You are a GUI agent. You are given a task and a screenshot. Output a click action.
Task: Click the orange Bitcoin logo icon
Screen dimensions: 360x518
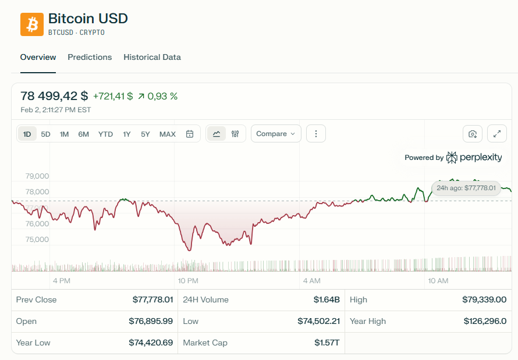click(32, 24)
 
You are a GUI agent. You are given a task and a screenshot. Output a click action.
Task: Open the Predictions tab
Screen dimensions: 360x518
click(90, 57)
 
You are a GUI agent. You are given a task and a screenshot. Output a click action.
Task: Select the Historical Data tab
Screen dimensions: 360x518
click(152, 57)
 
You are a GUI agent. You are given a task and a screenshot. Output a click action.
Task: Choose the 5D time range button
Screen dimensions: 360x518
click(45, 134)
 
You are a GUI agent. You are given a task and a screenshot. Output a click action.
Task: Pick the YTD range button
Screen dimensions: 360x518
click(105, 134)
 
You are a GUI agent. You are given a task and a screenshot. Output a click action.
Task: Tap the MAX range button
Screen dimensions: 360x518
click(168, 134)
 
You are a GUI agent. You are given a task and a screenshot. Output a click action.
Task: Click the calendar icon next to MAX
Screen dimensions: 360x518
click(190, 134)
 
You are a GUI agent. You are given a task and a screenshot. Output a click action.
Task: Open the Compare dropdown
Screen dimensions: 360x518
click(276, 134)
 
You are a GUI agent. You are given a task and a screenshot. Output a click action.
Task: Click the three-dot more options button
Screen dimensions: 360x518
click(316, 134)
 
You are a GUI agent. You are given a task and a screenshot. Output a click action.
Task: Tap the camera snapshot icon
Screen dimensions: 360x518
click(473, 134)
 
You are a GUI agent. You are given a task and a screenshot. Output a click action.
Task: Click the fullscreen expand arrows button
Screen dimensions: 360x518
click(497, 134)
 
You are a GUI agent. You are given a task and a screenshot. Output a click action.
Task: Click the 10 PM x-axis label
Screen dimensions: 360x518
click(189, 281)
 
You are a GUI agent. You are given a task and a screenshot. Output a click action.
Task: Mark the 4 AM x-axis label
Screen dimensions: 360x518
click(312, 281)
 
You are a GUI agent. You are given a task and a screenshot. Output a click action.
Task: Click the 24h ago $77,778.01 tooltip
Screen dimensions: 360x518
click(466, 188)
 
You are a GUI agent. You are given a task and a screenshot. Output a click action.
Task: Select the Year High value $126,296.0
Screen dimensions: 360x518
click(485, 321)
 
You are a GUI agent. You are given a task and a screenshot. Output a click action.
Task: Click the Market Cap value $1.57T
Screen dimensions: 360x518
click(327, 343)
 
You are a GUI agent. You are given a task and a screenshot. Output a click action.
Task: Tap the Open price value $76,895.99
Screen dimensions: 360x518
click(151, 321)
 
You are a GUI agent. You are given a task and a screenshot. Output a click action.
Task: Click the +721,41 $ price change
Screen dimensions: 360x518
click(113, 96)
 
